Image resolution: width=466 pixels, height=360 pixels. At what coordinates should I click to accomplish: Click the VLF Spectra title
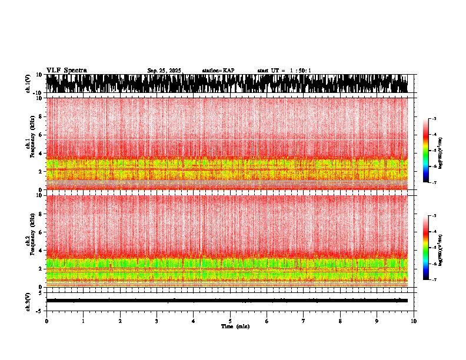point(66,70)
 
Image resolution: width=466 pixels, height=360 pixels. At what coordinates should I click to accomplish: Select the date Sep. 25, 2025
point(165,71)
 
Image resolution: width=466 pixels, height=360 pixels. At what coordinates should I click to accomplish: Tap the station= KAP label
point(218,71)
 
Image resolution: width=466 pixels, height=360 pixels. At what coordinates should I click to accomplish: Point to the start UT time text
point(284,71)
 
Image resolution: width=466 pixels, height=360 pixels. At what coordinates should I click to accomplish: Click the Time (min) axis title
point(235,326)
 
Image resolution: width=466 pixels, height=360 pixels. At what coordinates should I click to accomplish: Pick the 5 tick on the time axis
point(230,321)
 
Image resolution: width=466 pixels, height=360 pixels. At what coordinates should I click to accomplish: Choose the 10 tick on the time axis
point(414,321)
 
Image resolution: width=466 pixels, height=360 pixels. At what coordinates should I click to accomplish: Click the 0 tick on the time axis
point(46,321)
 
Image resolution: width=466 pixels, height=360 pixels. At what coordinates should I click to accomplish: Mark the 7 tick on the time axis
point(304,321)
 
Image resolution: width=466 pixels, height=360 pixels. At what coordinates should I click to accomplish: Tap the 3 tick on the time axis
point(157,321)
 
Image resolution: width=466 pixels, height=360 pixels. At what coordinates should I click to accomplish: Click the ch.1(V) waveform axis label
point(28,84)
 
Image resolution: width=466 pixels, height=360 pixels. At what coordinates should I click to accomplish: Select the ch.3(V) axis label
point(28,300)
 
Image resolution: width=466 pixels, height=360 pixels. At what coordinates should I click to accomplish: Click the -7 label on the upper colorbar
point(434,183)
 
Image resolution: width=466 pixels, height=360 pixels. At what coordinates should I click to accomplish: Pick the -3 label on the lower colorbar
point(434,216)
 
